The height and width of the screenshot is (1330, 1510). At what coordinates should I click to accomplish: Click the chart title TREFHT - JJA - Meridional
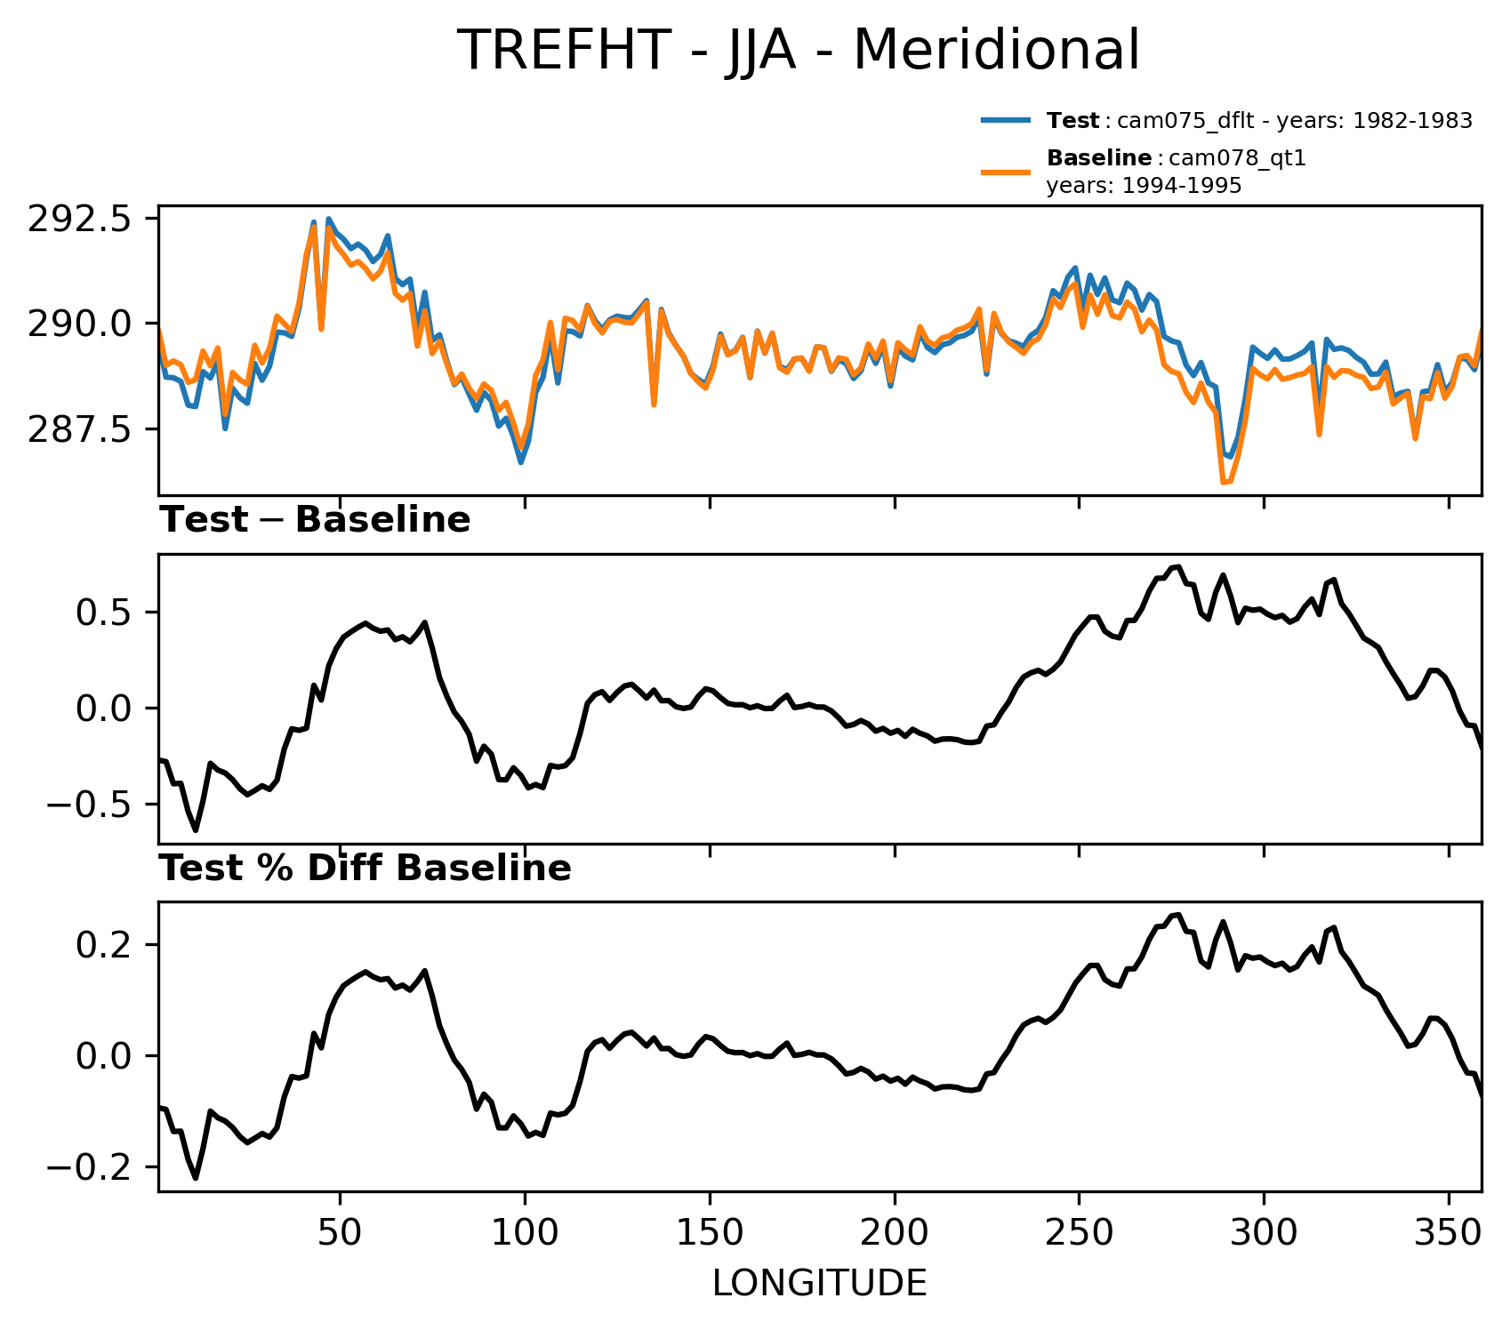[798, 51]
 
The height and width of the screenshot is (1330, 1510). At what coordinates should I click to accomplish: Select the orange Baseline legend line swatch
[1006, 172]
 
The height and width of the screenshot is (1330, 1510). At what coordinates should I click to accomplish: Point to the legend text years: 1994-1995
[1144, 186]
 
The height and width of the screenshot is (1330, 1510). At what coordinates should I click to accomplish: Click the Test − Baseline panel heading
[315, 520]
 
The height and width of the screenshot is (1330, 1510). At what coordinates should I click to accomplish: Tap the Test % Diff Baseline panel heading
[365, 869]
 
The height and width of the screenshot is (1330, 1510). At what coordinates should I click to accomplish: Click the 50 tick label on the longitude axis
[340, 1234]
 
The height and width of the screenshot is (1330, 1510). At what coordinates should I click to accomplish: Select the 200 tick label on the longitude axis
[895, 1234]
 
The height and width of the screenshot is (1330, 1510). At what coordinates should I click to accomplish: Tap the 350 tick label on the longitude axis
[1449, 1234]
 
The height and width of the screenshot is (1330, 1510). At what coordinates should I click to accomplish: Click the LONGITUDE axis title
[819, 1284]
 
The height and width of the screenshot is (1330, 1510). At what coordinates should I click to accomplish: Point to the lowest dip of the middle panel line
[196, 830]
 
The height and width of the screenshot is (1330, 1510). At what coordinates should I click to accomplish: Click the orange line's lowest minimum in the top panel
[1225, 483]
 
